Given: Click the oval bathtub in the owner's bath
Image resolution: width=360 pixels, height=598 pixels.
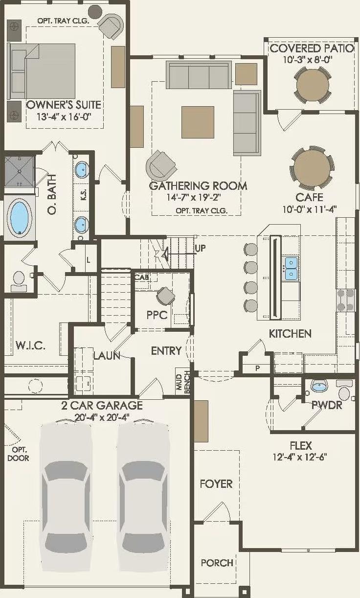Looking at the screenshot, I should click(20, 217).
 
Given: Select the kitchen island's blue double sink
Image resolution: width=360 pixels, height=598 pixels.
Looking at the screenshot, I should click(291, 268).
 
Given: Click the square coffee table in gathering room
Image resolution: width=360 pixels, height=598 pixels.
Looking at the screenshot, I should click(198, 122).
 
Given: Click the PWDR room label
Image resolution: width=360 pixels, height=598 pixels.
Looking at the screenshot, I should click(326, 405).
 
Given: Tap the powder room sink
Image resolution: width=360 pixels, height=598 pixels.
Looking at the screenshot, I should click(319, 387).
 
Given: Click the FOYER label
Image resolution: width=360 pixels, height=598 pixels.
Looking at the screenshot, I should click(216, 484).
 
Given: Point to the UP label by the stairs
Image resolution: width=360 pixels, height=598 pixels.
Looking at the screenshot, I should click(200, 248).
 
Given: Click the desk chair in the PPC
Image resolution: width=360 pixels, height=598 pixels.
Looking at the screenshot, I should click(165, 296).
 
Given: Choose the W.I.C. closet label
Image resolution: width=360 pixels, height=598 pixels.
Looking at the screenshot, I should click(30, 346).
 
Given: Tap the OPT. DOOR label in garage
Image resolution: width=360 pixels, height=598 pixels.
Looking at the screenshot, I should click(18, 454).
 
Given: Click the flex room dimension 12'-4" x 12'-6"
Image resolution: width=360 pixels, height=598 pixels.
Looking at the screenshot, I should click(300, 458).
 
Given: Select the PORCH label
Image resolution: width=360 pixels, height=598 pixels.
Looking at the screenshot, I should click(217, 563).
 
